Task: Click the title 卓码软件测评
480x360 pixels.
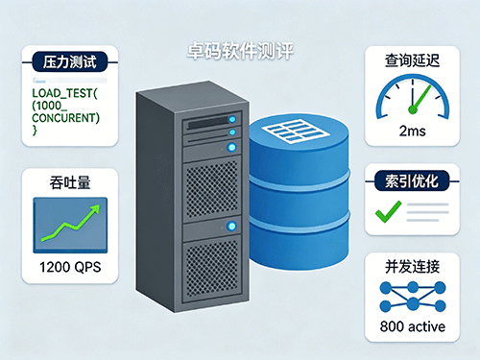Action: point(240,51)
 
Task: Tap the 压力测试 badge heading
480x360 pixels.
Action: point(69,61)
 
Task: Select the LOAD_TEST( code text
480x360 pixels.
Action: point(64,93)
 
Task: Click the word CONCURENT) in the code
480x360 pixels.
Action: point(66,118)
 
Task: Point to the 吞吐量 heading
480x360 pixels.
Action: point(70,182)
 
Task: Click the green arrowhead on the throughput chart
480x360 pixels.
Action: point(95,209)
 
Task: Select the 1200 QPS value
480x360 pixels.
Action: point(70,267)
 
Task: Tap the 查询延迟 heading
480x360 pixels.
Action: point(412,60)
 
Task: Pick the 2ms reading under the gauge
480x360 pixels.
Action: point(412,131)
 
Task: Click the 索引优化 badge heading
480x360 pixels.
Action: point(412,181)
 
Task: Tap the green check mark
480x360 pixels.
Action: point(388,211)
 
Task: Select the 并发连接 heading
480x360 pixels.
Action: point(412,267)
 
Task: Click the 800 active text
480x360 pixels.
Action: point(413,326)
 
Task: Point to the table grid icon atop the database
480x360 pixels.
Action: point(296,131)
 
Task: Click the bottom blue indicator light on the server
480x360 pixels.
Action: point(231,226)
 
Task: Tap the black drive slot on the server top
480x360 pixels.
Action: point(208,123)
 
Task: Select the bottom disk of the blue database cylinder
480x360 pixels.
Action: point(300,243)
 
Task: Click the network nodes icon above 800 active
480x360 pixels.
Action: point(413,297)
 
